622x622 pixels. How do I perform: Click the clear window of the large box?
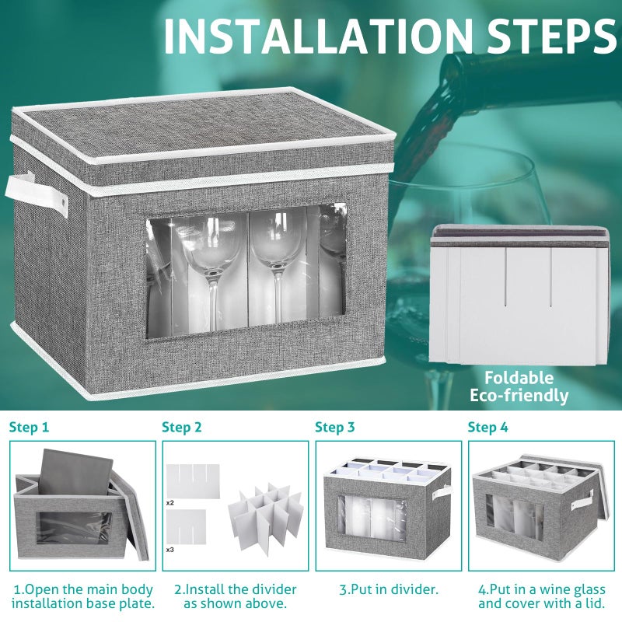246,271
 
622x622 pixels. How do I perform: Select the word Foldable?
519,378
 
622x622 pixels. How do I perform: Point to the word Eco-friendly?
519,396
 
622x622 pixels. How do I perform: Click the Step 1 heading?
29,427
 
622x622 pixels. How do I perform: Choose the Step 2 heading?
182,427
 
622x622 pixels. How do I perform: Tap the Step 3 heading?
335,427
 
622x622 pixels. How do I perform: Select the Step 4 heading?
487,427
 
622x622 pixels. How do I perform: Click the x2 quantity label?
169,503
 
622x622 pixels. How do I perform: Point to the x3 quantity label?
169,550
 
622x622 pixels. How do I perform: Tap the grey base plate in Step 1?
75,472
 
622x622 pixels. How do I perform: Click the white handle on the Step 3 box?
442,492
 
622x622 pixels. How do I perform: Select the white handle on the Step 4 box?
582,500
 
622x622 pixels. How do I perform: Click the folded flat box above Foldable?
519,295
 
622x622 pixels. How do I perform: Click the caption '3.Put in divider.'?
389,589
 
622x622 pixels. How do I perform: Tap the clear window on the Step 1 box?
74,528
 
